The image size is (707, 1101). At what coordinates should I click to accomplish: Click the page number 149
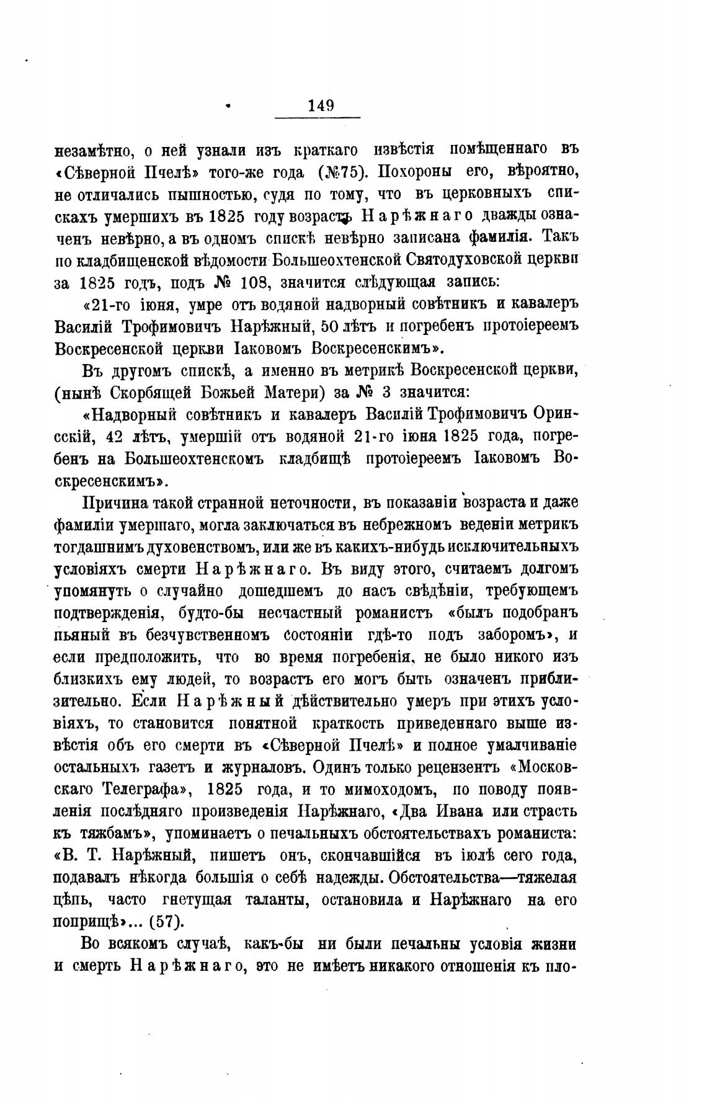pyautogui.click(x=320, y=105)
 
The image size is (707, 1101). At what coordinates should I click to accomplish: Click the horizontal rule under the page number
pyautogui.click(x=317, y=117)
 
